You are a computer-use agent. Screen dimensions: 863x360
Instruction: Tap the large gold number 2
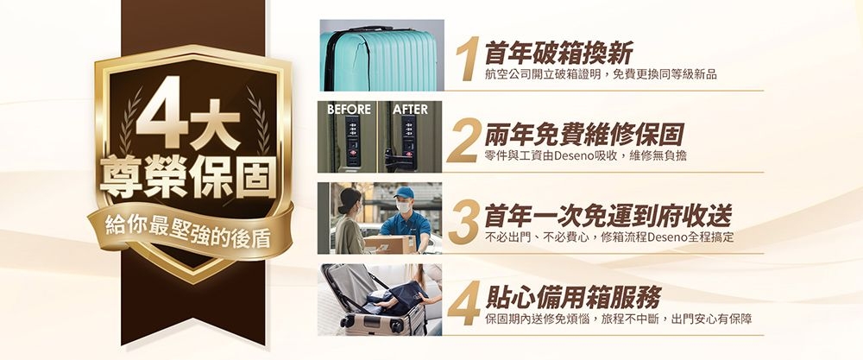pyautogui.click(x=463, y=141)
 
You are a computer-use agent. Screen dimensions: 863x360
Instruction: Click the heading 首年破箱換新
pyautogui.click(x=558, y=54)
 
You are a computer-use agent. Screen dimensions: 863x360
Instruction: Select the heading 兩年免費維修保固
pyautogui.click(x=583, y=135)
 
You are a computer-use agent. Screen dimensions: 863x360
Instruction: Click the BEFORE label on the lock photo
pyautogui.click(x=349, y=109)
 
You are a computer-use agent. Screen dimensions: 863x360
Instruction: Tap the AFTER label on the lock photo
pyautogui.click(x=410, y=109)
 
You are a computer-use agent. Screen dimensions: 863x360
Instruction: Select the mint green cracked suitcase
pyautogui.click(x=379, y=59)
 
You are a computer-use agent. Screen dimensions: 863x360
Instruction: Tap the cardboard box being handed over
pyautogui.click(x=390, y=243)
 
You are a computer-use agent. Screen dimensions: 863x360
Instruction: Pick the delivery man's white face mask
pyautogui.click(x=404, y=207)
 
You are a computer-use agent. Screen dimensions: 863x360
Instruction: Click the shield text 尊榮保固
pyautogui.click(x=187, y=176)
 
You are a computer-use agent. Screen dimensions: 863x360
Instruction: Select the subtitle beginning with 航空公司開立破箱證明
pyautogui.click(x=601, y=75)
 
